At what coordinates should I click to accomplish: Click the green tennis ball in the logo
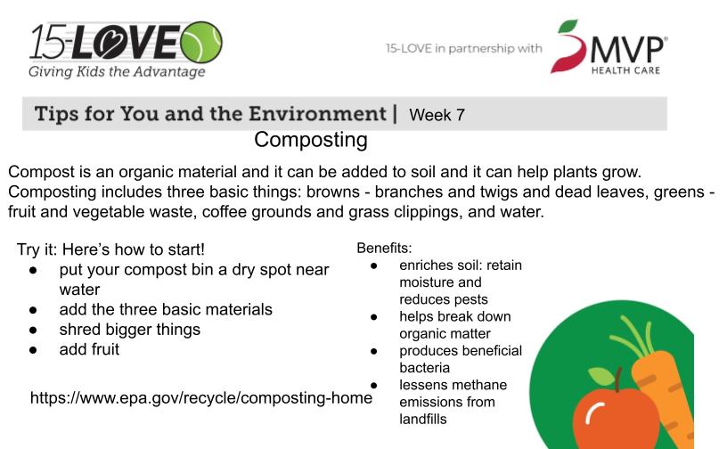tap(201, 42)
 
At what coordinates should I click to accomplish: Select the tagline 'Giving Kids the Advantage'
tap(117, 72)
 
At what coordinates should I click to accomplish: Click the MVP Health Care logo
tap(609, 47)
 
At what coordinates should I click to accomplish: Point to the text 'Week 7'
tap(437, 115)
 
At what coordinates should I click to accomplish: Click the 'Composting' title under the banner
tap(311, 140)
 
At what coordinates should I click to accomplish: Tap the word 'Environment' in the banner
tap(317, 114)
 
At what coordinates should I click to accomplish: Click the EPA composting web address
tap(201, 397)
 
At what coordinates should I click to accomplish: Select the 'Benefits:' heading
tap(384, 249)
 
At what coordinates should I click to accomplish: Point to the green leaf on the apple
tap(600, 376)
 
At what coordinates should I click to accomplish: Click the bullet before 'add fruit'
tap(33, 350)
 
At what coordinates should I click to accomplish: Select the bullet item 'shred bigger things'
tap(130, 330)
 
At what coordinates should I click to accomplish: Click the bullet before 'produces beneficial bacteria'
tap(373, 351)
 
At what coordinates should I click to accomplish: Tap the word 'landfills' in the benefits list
tap(423, 419)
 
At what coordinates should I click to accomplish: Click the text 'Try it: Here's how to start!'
tap(110, 249)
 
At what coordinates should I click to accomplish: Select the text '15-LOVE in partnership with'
tap(463, 48)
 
